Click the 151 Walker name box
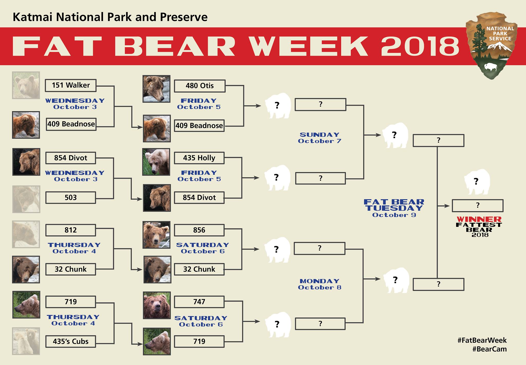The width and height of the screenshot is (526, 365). (71, 85)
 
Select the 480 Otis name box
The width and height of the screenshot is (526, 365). (200, 86)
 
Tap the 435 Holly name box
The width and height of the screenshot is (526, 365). (199, 158)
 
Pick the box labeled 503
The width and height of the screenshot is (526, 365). (71, 198)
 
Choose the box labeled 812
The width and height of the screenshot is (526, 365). (71, 230)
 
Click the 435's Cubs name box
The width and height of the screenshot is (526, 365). (71, 341)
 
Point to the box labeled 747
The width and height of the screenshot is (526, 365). (199, 302)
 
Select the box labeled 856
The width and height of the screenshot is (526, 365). (199, 230)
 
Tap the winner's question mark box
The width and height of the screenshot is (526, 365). (477, 206)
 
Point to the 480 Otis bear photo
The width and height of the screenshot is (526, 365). (156, 89)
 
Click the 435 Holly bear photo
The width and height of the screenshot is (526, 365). (156, 162)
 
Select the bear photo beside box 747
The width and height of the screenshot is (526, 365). (157, 305)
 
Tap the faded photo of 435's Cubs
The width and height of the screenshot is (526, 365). (26, 341)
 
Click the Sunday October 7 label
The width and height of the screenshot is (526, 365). (320, 138)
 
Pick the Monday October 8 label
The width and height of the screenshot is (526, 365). (320, 284)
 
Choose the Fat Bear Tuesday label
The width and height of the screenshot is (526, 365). (394, 208)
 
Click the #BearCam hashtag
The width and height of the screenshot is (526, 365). (489, 349)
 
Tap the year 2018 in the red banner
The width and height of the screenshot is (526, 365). (420, 46)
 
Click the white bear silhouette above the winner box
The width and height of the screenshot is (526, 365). (477, 182)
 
